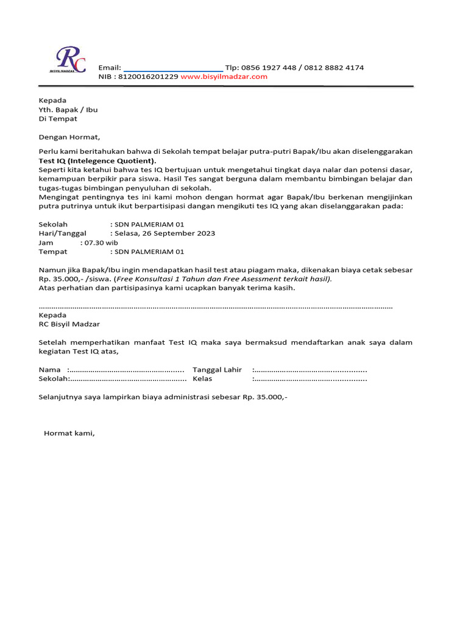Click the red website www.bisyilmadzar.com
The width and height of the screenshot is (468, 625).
click(224, 77)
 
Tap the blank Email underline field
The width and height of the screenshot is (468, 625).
click(173, 68)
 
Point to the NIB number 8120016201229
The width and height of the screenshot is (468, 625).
click(149, 77)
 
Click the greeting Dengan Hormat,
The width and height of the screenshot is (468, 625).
click(69, 137)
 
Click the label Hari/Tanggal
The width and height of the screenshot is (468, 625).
click(63, 233)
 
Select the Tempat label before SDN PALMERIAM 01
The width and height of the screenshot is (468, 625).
click(53, 251)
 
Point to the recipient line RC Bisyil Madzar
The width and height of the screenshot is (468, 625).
click(69, 324)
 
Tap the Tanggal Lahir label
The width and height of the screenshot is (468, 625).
click(217, 370)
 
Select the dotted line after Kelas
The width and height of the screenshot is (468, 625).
click(310, 379)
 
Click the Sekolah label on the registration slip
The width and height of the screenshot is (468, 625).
click(53, 379)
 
